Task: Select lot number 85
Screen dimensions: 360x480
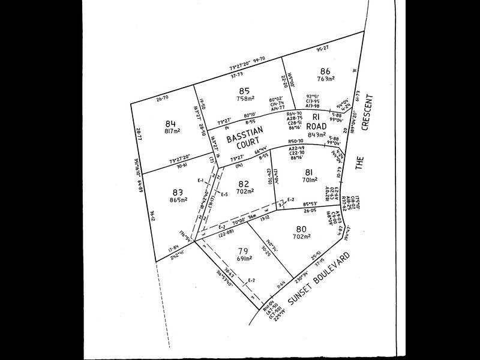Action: click(x=244, y=92)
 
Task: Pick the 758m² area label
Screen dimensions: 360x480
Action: click(x=245, y=100)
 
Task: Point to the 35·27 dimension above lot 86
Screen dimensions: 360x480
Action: click(x=322, y=47)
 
